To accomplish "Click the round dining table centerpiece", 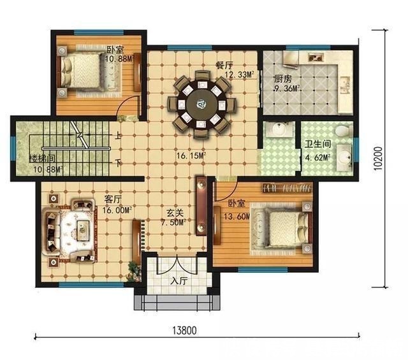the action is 201,104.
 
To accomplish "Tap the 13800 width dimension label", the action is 184,331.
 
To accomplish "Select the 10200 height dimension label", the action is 378,159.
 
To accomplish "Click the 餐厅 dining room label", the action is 224,65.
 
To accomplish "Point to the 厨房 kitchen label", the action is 283,78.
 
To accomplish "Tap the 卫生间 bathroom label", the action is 317,144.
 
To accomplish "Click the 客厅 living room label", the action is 113,199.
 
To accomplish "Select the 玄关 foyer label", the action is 175,213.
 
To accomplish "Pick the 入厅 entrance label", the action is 180,281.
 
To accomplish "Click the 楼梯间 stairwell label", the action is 43,158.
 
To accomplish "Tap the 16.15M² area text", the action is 191,156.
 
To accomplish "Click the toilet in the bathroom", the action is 344,131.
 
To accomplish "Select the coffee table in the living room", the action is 84,231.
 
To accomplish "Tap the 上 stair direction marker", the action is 118,136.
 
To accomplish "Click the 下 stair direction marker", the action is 118,163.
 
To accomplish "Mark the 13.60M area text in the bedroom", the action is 237,216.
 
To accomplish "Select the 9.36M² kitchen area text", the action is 287,89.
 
